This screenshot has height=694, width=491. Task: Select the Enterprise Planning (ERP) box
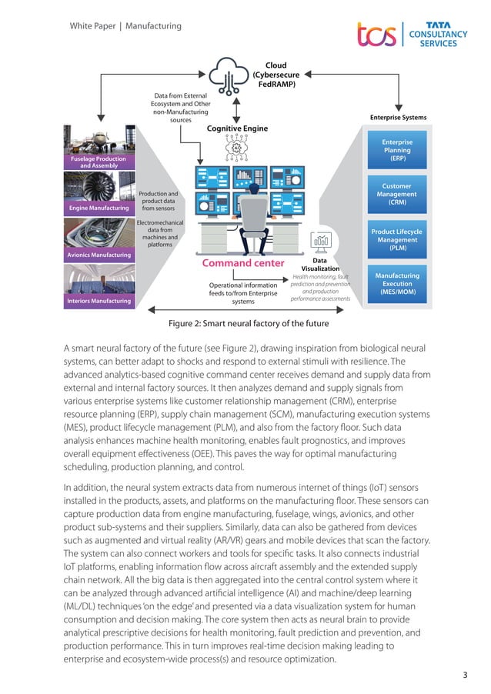397,150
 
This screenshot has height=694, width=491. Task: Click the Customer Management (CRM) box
397,194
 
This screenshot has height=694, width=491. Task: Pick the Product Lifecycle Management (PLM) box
397,239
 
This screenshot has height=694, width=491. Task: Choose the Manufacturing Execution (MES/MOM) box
397,283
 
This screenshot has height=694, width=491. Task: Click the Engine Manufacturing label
98,209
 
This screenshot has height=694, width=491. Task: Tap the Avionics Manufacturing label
99,255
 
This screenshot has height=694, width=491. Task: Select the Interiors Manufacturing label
99,301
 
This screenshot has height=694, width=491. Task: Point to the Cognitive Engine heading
237,128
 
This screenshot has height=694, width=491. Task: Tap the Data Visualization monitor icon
321,242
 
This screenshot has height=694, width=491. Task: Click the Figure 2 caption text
245,323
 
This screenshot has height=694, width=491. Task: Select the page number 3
465,676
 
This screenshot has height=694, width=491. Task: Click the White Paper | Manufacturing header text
125,26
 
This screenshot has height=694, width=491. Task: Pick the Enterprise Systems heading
398,118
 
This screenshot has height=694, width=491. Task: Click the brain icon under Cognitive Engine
236,146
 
